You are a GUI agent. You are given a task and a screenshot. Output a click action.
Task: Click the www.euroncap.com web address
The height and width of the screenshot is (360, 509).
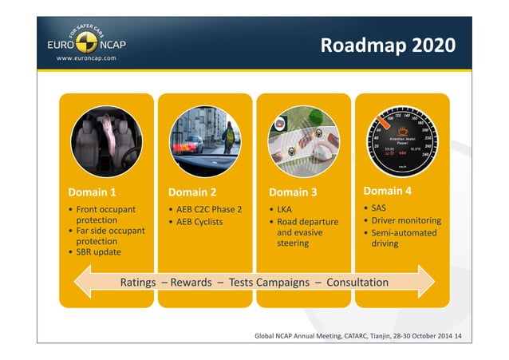(x=85, y=58)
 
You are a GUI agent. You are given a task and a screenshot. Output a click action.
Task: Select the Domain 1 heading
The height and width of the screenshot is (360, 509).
(x=92, y=192)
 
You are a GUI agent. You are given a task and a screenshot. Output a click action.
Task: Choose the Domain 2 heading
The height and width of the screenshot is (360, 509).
(x=192, y=192)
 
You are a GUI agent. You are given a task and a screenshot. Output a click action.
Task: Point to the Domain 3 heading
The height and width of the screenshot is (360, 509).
(x=293, y=192)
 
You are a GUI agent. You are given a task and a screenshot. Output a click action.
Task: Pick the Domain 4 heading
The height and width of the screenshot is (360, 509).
(x=388, y=191)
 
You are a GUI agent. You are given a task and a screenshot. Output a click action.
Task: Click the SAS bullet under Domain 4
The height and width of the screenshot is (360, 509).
(x=381, y=208)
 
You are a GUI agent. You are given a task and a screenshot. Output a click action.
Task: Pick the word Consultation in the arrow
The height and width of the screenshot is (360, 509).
(x=357, y=283)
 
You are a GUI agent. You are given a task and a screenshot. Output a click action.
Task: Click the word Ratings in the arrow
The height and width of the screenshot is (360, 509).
(x=137, y=283)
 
